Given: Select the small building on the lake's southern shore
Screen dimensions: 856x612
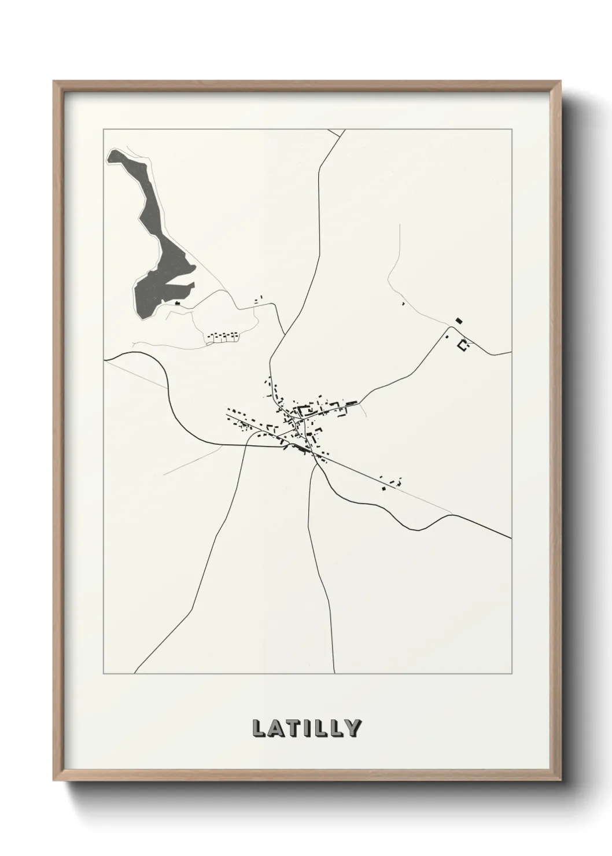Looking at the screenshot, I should [x=178, y=302].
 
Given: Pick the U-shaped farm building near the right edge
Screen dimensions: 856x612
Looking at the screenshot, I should [x=462, y=345].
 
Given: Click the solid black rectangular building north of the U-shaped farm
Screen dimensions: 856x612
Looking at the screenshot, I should [x=459, y=320].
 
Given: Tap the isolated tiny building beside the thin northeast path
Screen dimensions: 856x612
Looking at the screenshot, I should [x=403, y=303].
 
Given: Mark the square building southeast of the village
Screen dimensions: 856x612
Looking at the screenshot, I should [x=384, y=488].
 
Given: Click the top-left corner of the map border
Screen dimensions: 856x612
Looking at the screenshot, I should [x=104, y=130].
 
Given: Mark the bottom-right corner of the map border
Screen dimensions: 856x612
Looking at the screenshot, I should [x=511, y=674].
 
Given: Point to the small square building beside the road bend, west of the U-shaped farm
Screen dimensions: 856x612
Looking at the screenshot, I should [x=447, y=336].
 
